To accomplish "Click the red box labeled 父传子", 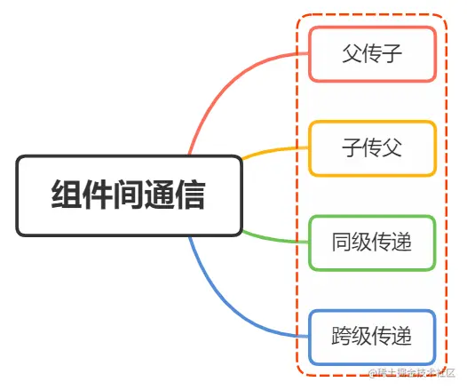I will point(372,53).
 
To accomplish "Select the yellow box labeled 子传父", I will point(372,147).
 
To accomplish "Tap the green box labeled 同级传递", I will point(372,242).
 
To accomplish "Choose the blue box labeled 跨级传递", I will point(372,337).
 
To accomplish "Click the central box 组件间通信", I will point(129,195).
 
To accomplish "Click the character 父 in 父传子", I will point(352,54).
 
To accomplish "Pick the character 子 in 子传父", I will point(352,148).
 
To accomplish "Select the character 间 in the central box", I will point(128,195).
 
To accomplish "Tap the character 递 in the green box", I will point(403,243).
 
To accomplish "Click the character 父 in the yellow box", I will point(392,148).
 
